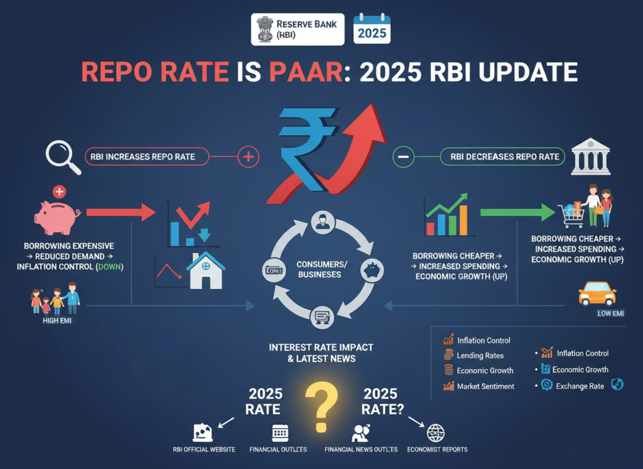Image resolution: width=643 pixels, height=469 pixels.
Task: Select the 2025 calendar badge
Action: coord(371,29)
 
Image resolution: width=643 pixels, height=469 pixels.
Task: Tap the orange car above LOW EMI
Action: coord(596,293)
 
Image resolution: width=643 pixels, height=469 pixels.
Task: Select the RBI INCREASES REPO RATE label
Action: coord(143,156)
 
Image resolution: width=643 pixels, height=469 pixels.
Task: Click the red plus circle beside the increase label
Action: coord(249,157)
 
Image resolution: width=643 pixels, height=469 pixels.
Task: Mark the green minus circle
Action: coord(403,156)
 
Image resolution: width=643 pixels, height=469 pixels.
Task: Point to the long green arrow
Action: coord(517,213)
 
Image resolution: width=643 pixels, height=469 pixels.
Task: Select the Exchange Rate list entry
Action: coord(580,386)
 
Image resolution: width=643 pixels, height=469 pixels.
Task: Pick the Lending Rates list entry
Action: coord(480,355)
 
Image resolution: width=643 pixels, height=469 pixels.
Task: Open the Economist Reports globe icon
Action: coord(435,433)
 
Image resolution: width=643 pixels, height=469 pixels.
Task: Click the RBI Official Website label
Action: coord(204,450)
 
